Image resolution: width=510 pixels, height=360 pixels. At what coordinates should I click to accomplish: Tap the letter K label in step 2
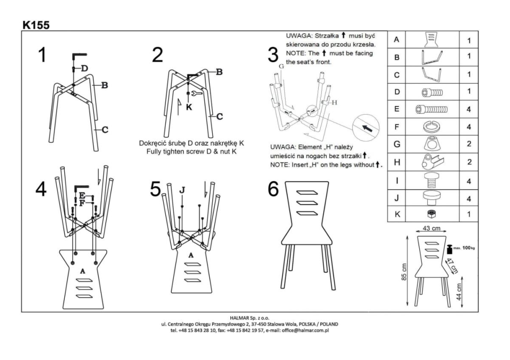[x=189, y=108]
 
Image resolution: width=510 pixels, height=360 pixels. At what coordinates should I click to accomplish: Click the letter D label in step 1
[x=85, y=68]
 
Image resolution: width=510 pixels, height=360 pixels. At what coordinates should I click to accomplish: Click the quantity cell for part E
[x=468, y=109]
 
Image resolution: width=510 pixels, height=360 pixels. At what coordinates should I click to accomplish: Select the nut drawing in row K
[x=431, y=214]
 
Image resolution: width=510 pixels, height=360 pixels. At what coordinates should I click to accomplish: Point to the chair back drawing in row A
[x=431, y=39]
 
